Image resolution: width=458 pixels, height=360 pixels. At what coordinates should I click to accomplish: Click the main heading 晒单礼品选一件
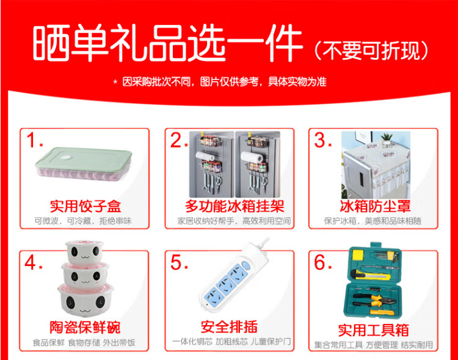[x=167, y=43]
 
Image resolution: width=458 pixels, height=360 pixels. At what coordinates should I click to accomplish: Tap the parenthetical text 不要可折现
[x=371, y=51]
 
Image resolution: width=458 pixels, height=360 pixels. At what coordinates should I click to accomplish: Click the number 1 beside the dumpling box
[x=34, y=140]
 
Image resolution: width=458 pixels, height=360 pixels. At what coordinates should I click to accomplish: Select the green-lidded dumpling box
[x=84, y=164]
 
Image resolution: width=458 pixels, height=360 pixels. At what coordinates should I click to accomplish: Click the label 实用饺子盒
[x=85, y=206]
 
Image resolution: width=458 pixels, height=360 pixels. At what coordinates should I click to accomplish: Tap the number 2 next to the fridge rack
[x=178, y=140]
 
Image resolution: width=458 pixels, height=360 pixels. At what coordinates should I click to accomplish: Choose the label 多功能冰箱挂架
[x=234, y=206]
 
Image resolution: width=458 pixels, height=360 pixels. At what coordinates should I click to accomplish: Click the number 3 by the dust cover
[x=322, y=140]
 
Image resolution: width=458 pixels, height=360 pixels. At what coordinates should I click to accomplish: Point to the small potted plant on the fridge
[x=387, y=139]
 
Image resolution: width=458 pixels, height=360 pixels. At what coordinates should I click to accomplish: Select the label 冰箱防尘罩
[x=375, y=206]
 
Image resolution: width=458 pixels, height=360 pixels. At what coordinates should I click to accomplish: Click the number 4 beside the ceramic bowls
[x=34, y=262]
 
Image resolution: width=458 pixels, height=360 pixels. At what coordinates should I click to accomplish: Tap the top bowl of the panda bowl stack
[x=84, y=251]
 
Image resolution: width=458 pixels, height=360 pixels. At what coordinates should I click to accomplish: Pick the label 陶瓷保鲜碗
[x=85, y=327]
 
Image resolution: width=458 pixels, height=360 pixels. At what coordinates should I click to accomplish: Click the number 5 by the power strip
[x=179, y=262]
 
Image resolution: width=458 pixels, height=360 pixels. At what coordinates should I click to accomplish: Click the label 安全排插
[x=229, y=326]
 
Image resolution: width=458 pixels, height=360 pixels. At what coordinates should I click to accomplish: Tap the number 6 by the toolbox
[x=323, y=262]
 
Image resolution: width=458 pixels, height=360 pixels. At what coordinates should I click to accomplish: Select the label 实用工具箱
[x=373, y=330]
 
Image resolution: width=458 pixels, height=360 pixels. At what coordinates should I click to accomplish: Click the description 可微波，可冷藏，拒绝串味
[x=83, y=221]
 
